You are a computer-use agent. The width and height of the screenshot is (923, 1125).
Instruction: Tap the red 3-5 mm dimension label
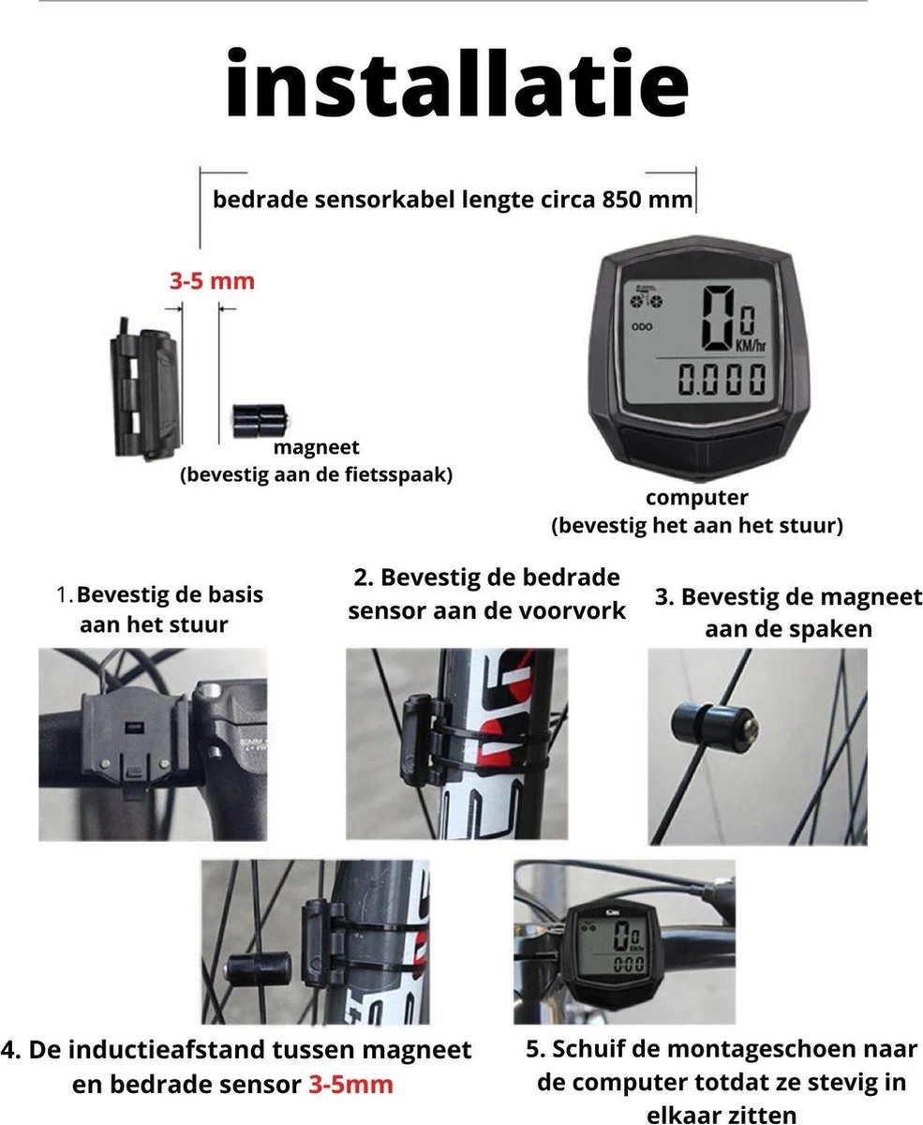[x=212, y=280]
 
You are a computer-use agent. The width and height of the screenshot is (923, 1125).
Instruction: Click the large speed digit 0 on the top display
[x=717, y=316]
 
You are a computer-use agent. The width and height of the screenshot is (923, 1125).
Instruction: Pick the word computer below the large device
[x=697, y=498]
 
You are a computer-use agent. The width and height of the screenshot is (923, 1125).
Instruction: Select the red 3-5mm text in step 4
[x=350, y=1085]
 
